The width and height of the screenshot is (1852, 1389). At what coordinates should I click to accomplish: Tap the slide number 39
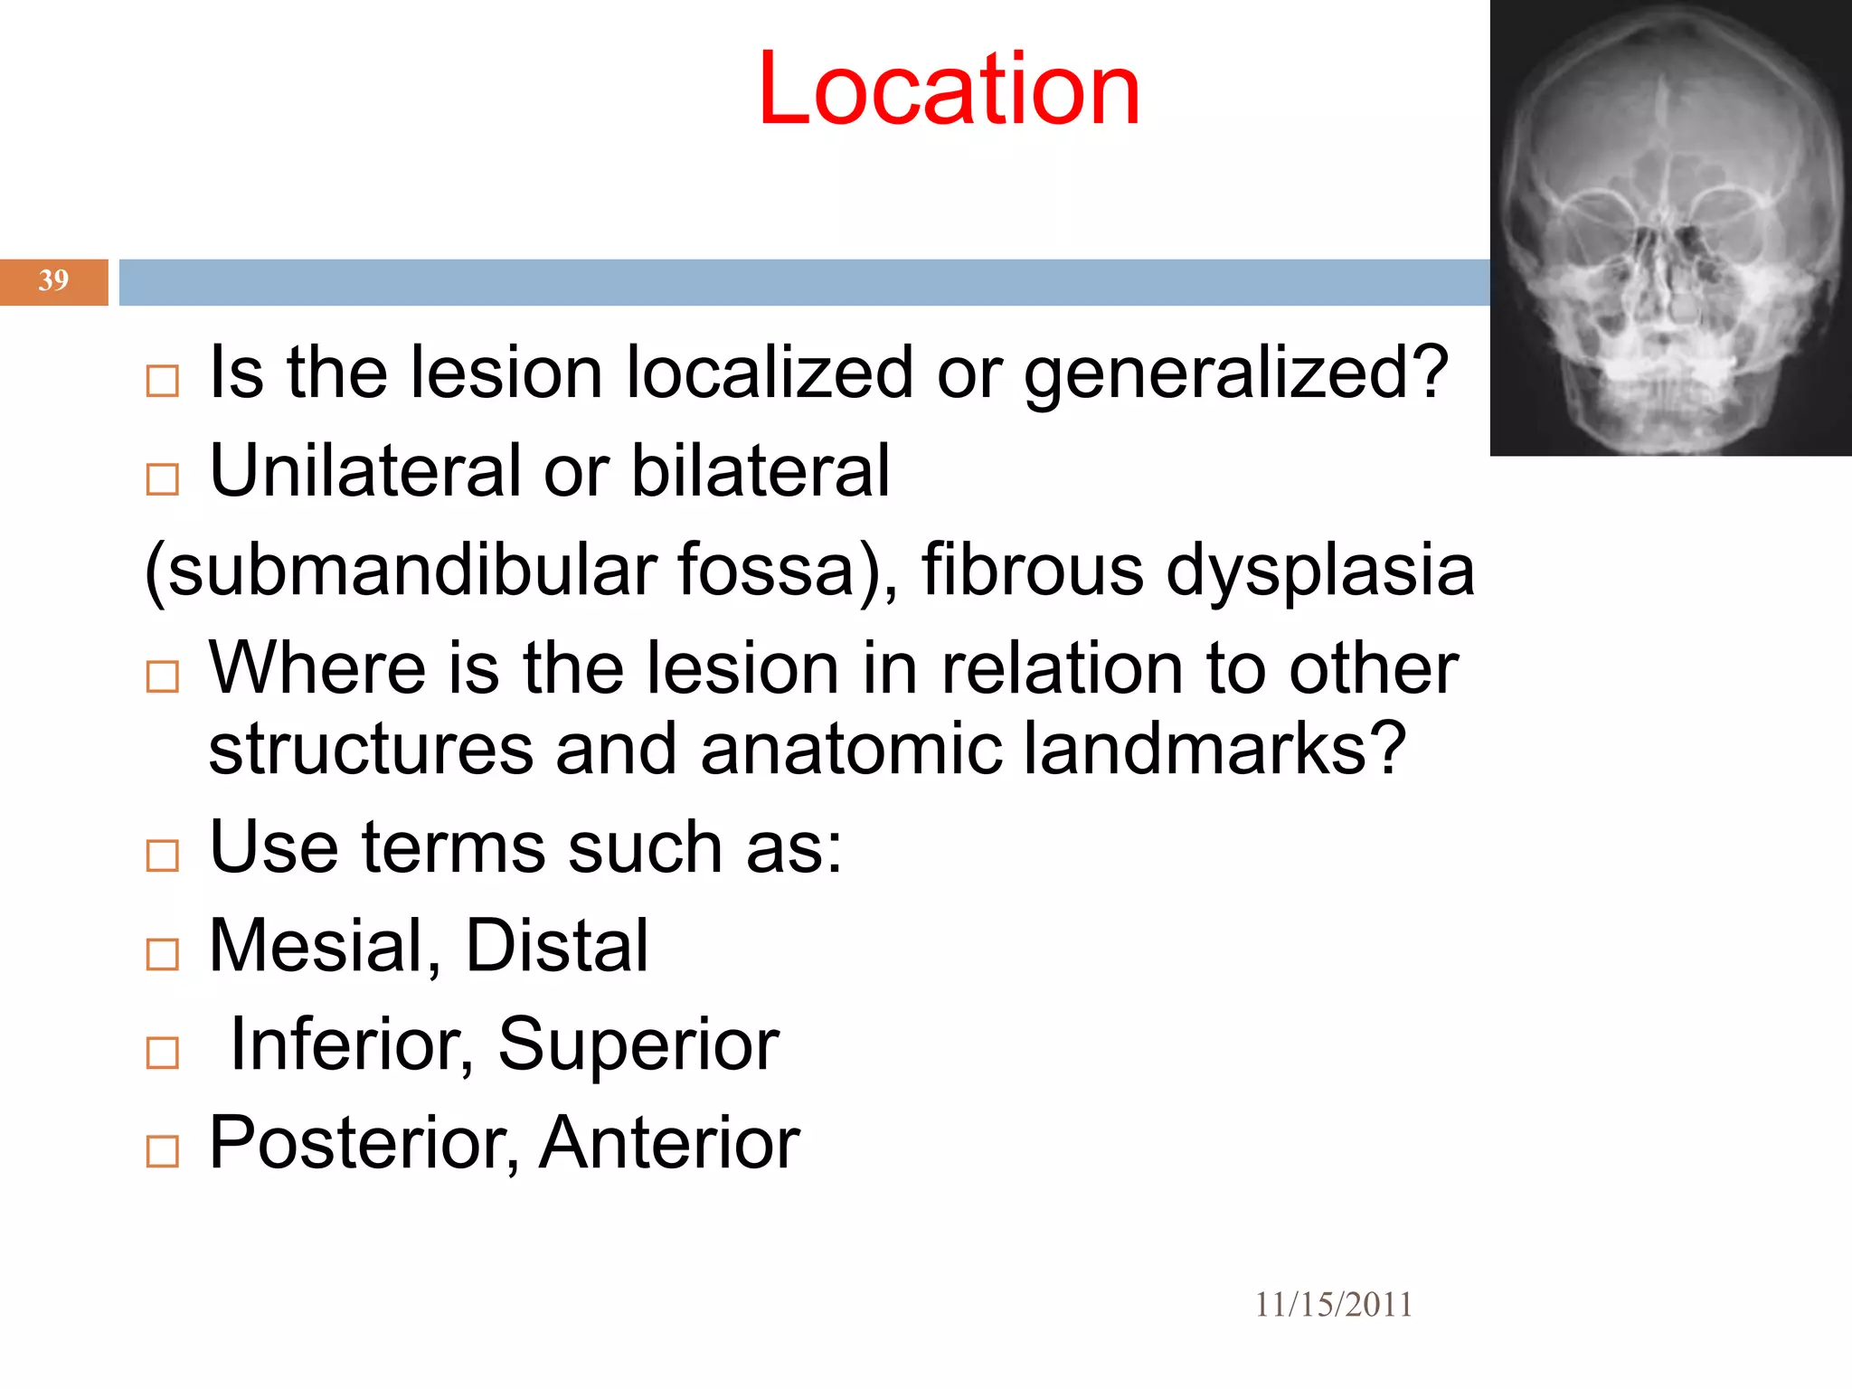point(53,280)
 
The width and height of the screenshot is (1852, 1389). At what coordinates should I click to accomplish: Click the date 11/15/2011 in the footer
point(1333,1304)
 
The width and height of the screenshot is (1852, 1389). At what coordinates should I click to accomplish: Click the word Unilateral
point(365,471)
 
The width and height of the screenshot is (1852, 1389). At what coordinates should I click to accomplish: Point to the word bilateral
point(761,471)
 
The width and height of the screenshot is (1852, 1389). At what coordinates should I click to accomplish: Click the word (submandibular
point(401,572)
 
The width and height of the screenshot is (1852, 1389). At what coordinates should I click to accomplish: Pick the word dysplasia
point(1320,572)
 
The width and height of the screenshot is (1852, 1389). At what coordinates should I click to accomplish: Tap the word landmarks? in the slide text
point(1214,749)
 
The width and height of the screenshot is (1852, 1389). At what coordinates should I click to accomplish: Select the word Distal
point(556,946)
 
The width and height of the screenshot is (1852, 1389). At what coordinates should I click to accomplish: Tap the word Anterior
point(669,1143)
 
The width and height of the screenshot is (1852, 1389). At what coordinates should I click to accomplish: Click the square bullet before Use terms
point(163,855)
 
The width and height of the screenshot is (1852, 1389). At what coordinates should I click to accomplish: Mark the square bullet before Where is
point(163,676)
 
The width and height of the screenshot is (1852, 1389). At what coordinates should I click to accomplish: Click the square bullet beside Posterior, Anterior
point(163,1151)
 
